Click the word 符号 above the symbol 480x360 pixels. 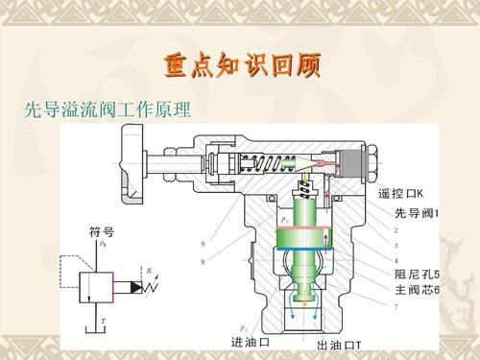point(102,231)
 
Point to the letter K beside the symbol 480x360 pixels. point(148,270)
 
